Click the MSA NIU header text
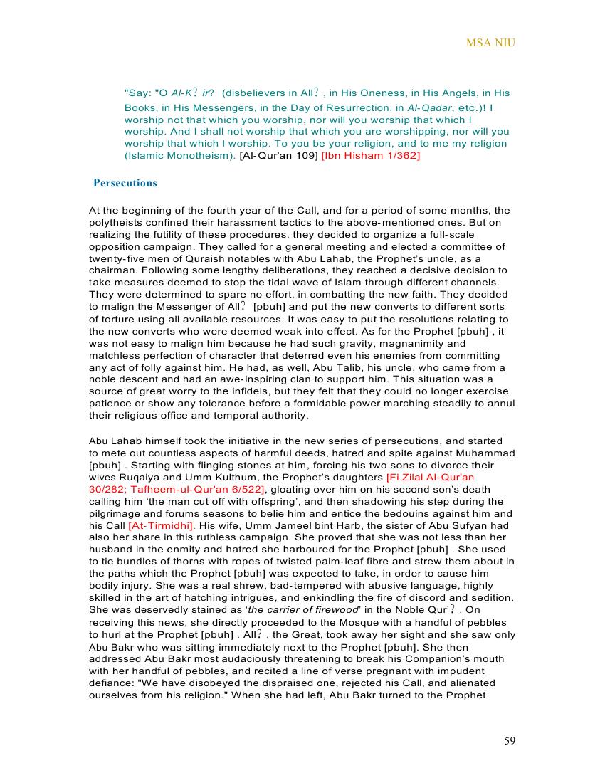pos(490,43)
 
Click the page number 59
pos(510,741)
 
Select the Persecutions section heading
pos(125,183)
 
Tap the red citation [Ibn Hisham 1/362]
pos(371,155)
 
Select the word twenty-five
pos(116,258)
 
